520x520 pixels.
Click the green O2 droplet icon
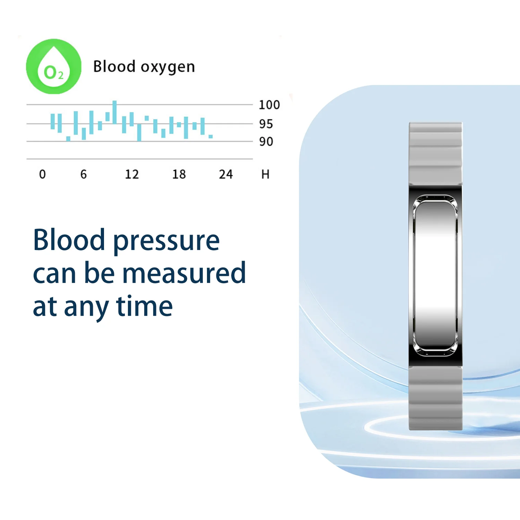(x=54, y=67)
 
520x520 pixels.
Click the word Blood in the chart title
(x=114, y=66)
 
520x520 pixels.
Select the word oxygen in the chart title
(x=168, y=68)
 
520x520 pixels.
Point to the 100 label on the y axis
(x=269, y=105)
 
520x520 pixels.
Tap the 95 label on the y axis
(x=266, y=124)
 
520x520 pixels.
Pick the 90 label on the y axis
(x=266, y=141)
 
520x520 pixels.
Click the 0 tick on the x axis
(x=42, y=174)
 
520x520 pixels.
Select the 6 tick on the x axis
(x=84, y=174)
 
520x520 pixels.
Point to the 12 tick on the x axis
(x=132, y=174)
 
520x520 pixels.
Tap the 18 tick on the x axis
(x=179, y=174)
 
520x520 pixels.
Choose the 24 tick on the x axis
(x=226, y=174)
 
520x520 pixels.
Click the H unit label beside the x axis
(x=266, y=174)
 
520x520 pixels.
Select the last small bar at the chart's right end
(x=210, y=137)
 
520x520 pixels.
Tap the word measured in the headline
(x=184, y=273)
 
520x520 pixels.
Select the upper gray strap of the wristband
(x=435, y=154)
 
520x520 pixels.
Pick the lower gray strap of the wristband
(x=435, y=398)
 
